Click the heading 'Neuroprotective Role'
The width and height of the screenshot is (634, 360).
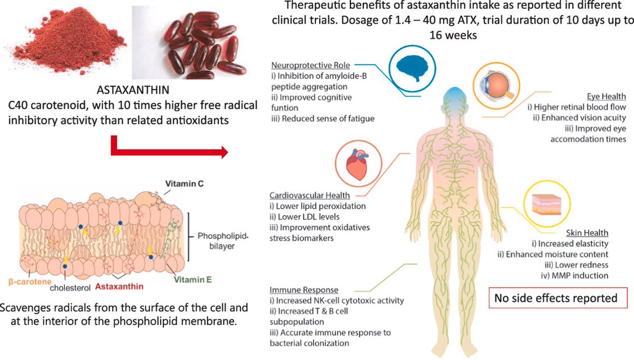pos(307,66)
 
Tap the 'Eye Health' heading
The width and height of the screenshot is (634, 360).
pos(607,97)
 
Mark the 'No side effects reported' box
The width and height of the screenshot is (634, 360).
pos(555,298)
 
